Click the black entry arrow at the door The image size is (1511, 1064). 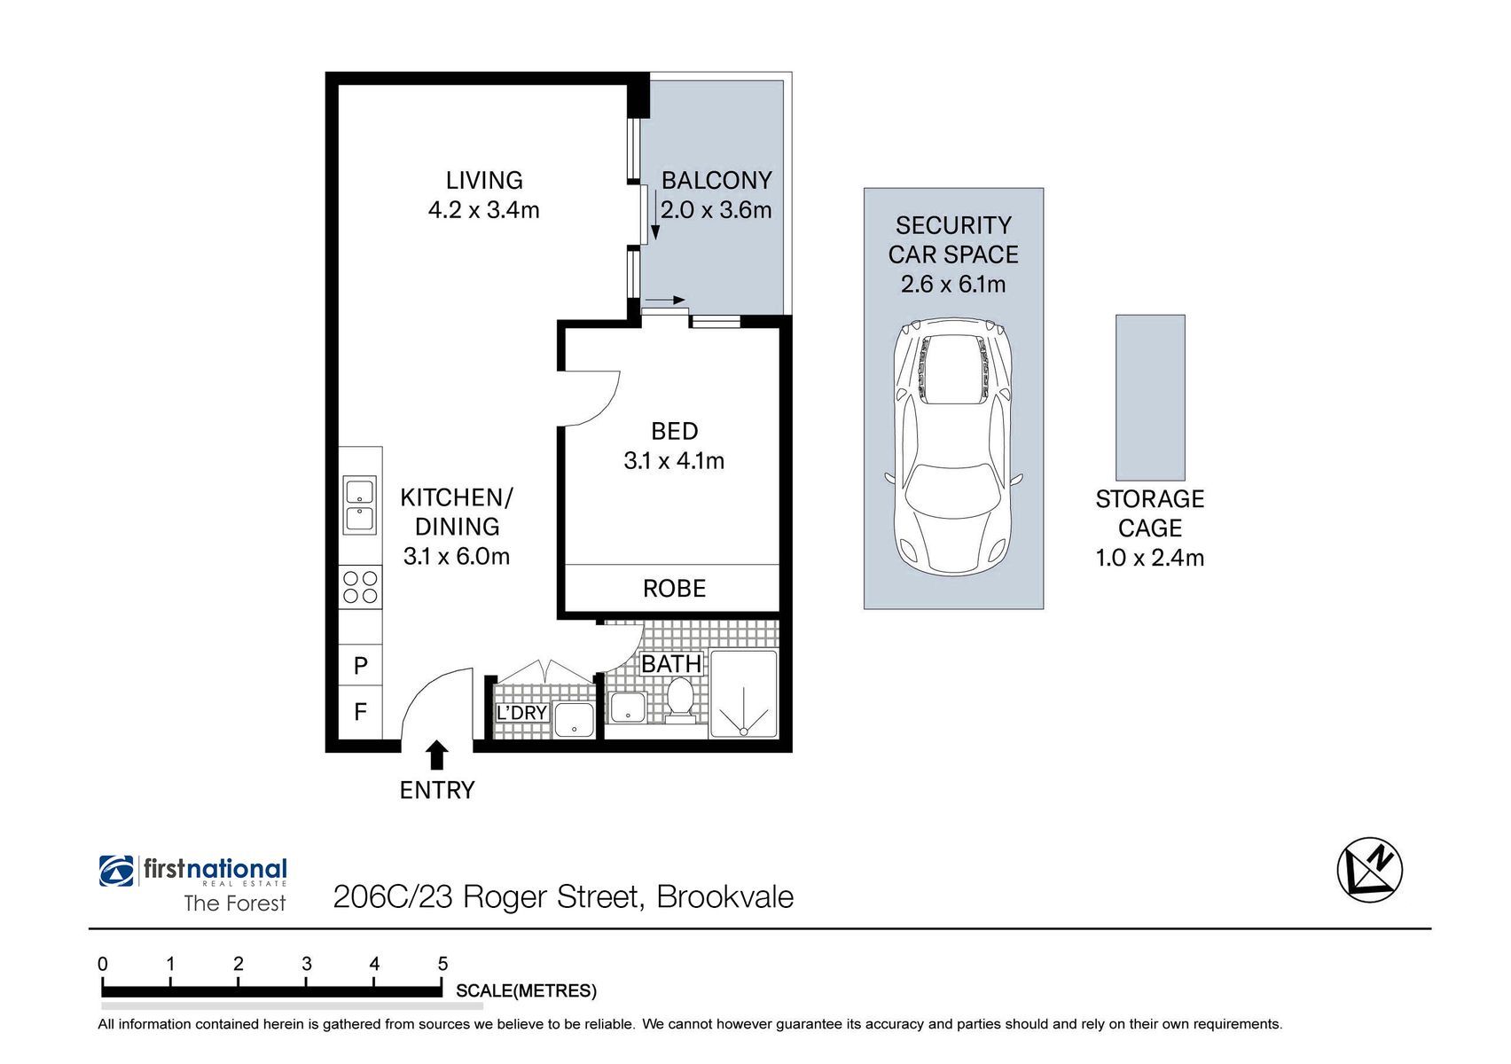pyautogui.click(x=437, y=755)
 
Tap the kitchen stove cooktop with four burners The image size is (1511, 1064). pyautogui.click(x=360, y=587)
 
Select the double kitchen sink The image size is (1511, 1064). pyautogui.click(x=359, y=505)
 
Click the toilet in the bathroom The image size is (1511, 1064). pyautogui.click(x=679, y=700)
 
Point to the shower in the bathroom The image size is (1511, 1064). pyautogui.click(x=743, y=693)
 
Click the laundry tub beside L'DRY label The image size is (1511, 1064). pyautogui.click(x=574, y=719)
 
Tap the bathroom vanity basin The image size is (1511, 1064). pyautogui.click(x=628, y=707)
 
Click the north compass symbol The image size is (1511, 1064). pyautogui.click(x=1370, y=870)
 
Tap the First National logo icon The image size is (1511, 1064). pyautogui.click(x=116, y=871)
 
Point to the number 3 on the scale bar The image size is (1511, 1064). pyautogui.click(x=306, y=964)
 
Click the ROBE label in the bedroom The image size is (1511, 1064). pyautogui.click(x=674, y=589)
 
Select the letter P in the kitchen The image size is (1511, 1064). pyautogui.click(x=361, y=666)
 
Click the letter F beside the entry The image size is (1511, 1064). pyautogui.click(x=361, y=711)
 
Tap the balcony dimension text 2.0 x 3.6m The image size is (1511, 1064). pyautogui.click(x=716, y=210)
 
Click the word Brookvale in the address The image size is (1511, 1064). pyautogui.click(x=725, y=896)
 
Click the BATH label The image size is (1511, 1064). pyautogui.click(x=671, y=664)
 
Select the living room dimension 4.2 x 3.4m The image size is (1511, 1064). pyautogui.click(x=483, y=210)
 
